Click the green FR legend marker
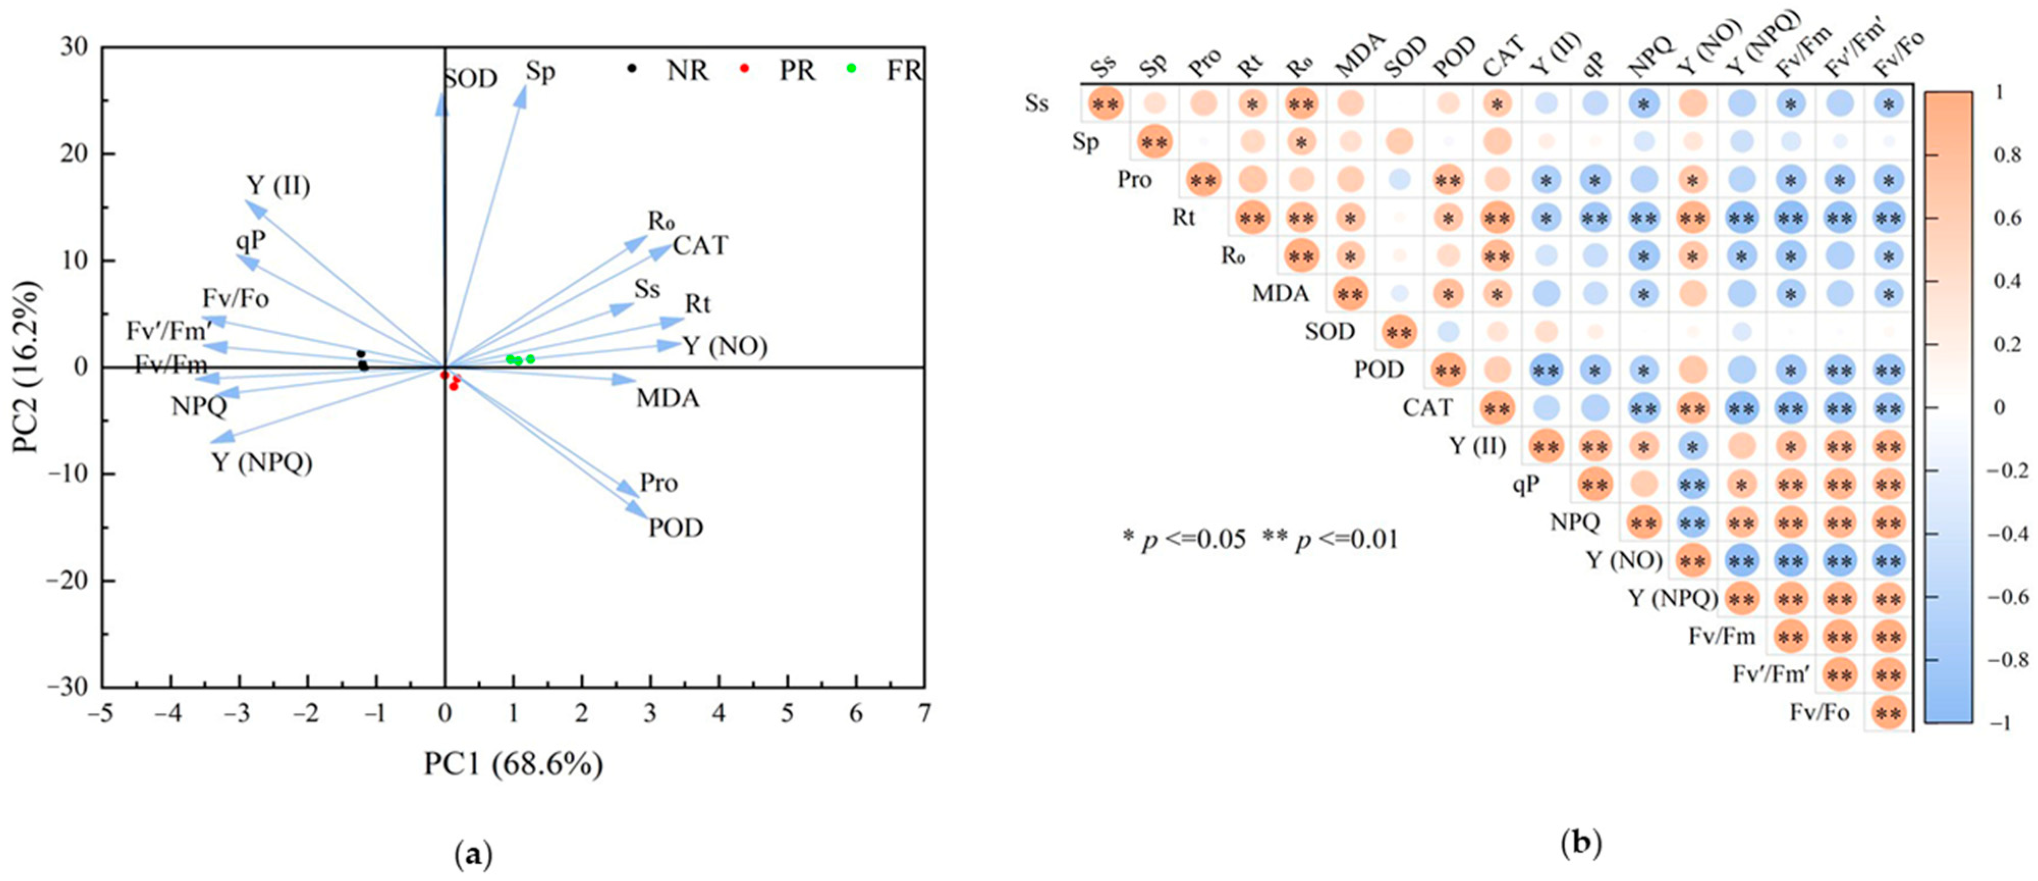[x=851, y=68]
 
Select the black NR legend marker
[x=631, y=68]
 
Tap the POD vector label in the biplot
[x=676, y=527]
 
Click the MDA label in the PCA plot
[x=668, y=398]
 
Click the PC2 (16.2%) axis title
[x=26, y=367]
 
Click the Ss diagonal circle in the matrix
[x=1105, y=104]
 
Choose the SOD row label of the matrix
[x=1330, y=331]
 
